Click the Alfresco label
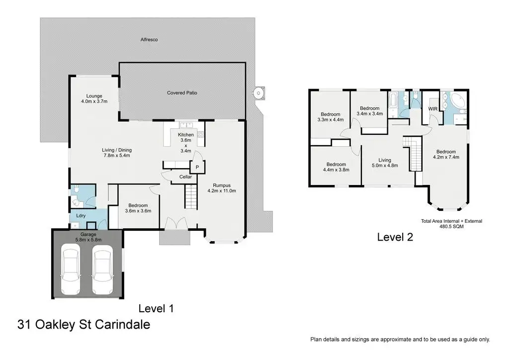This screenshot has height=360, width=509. (149, 39)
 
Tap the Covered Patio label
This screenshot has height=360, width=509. (182, 92)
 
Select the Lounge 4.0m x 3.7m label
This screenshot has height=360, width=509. (94, 98)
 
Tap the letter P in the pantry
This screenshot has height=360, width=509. (197, 168)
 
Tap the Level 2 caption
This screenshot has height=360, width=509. (395, 237)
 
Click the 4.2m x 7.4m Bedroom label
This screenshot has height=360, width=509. (446, 154)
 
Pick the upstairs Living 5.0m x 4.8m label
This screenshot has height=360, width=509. (385, 163)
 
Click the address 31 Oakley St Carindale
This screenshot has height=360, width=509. (84, 325)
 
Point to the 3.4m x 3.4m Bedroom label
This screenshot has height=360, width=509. (369, 111)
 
